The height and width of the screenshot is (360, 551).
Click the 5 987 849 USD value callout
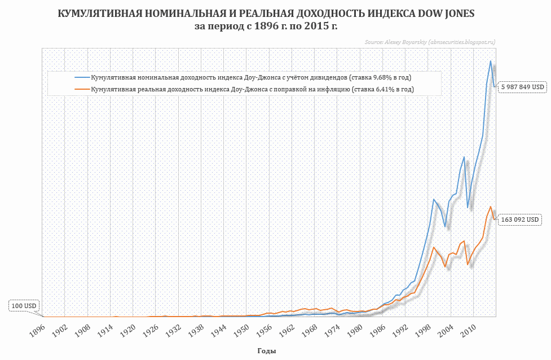coord(523,87)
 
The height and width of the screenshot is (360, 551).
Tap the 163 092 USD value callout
coord(521,219)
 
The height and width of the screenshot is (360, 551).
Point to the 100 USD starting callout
coord(24,306)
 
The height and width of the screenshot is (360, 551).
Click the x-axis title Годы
coord(266,351)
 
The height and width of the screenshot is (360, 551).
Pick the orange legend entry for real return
coord(252,89)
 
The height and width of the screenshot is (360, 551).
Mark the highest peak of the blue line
coord(491,61)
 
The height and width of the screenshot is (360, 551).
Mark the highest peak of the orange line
coord(491,207)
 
